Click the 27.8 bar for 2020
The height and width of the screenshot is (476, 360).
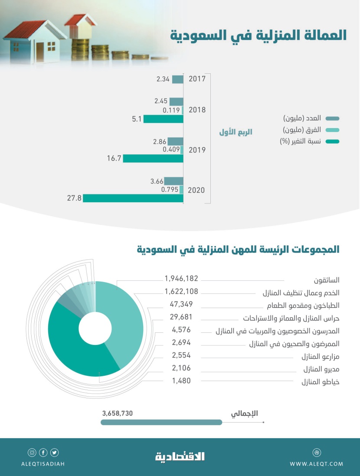pos(133,198)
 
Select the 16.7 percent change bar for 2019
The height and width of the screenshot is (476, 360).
pos(153,158)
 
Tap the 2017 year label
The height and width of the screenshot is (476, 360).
pos(197,79)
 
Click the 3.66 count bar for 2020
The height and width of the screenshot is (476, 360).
pos(173,181)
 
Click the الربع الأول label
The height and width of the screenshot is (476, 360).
pos(236,132)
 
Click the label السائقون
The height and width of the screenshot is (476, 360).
pos(327,280)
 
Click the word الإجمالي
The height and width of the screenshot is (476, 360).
pos(245,414)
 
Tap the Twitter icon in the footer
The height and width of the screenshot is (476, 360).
pos(54,453)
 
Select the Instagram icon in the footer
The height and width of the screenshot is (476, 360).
pos(32,453)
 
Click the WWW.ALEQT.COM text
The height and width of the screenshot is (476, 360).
pos(316,464)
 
